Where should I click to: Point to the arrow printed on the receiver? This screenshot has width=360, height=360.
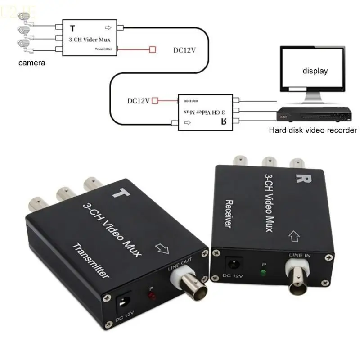tap(293, 235)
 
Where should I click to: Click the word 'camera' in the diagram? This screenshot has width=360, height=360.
tap(31, 63)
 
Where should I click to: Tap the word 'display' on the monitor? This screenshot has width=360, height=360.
tap(315, 71)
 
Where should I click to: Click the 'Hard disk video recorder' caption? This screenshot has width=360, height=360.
tap(313, 130)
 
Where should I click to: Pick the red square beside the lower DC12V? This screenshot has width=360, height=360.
tap(155, 101)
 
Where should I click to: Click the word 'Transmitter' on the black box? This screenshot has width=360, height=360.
tap(90, 261)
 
